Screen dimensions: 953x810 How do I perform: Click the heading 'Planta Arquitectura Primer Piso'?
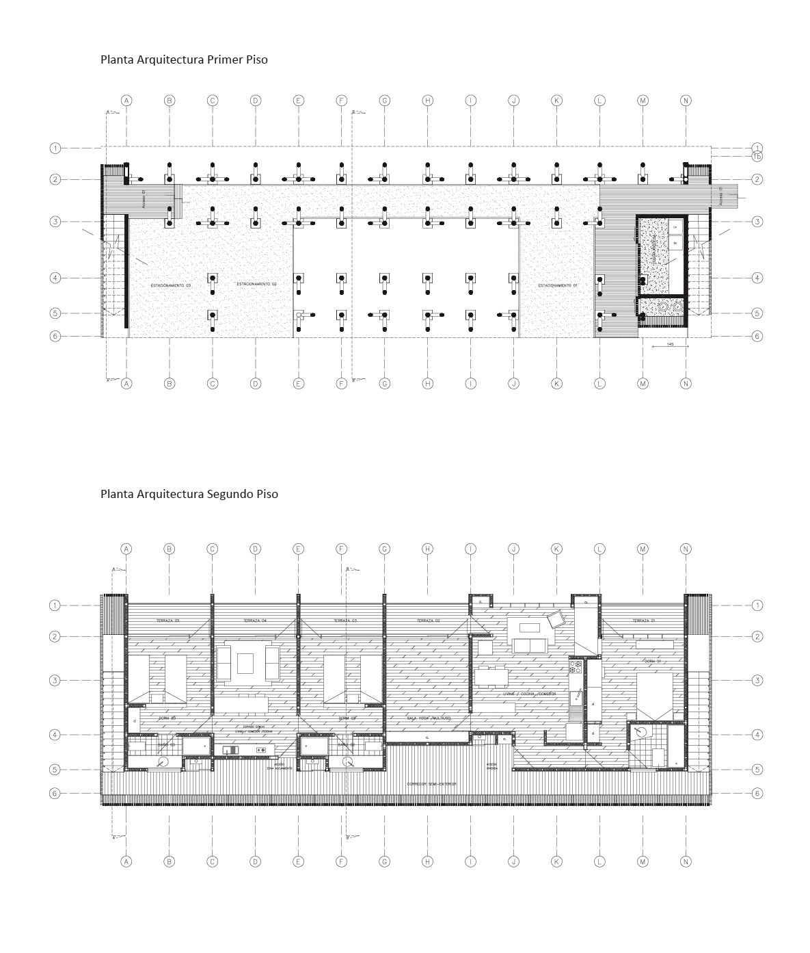tap(184, 60)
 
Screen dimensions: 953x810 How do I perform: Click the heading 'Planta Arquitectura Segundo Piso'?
tap(189, 494)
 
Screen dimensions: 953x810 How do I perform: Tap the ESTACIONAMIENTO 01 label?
tap(558, 285)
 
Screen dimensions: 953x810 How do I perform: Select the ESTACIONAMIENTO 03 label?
tap(171, 284)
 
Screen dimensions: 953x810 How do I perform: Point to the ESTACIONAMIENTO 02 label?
tap(257, 284)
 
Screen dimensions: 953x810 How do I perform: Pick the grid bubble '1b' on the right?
tap(757, 157)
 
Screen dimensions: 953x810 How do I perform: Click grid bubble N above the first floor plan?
tap(686, 101)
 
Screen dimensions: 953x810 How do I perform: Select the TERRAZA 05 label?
tap(167, 621)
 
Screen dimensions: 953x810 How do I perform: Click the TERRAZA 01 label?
tap(640, 621)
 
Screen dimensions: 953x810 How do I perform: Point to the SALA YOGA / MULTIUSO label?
tap(427, 718)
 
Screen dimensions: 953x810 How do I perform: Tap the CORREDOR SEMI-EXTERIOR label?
tap(433, 783)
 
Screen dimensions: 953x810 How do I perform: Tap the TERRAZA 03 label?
tap(345, 621)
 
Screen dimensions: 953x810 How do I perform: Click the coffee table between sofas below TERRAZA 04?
tap(246, 663)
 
